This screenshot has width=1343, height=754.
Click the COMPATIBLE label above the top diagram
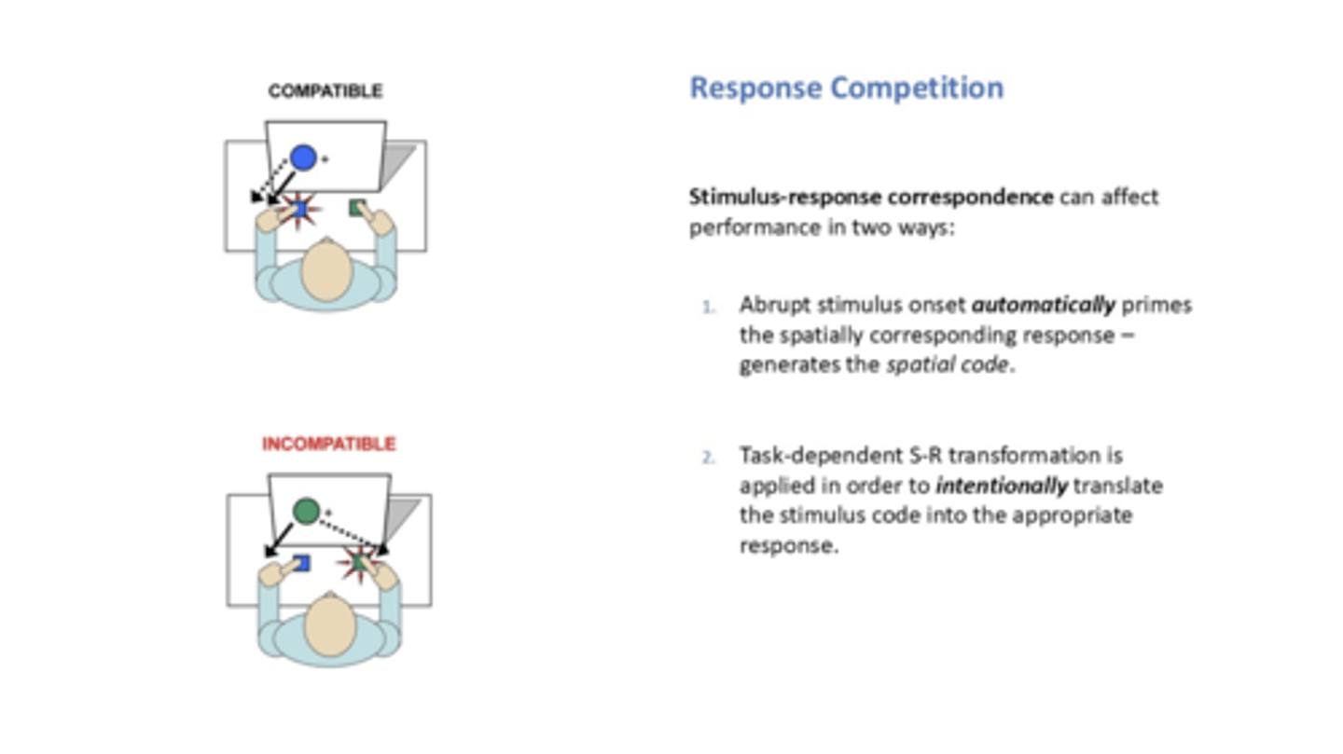(325, 91)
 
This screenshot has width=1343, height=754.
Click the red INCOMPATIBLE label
(328, 444)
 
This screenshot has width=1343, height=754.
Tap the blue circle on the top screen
(303, 158)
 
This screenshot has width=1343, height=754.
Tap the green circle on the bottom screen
(307, 511)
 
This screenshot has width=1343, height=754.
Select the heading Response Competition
(846, 88)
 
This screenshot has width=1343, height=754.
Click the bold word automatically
(1043, 306)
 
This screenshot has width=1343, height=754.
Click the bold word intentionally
(1002, 486)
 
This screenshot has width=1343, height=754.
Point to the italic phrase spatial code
(947, 365)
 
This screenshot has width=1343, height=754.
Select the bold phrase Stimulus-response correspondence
(871, 198)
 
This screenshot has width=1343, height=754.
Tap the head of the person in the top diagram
(326, 269)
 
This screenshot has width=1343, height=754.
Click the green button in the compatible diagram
(357, 208)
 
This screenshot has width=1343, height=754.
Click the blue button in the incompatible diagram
(300, 563)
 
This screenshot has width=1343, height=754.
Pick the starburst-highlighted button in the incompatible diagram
(359, 563)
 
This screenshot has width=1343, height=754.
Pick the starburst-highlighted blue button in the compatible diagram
(299, 210)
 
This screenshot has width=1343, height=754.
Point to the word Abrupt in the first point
(767, 306)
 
